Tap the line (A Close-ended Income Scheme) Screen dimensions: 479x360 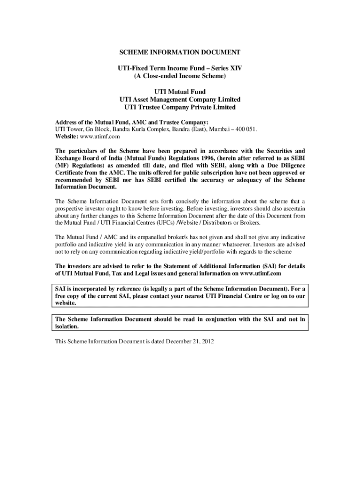[x=180, y=76]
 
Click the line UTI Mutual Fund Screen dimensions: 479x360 [x=180, y=92]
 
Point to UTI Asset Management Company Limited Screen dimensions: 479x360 [x=180, y=100]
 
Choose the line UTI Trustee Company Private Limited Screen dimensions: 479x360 [x=180, y=108]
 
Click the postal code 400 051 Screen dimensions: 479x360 [x=245, y=129]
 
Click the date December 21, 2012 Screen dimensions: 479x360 [x=189, y=341]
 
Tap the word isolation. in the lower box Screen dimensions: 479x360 [x=68, y=327]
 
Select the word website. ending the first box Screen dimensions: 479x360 [x=66, y=303]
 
